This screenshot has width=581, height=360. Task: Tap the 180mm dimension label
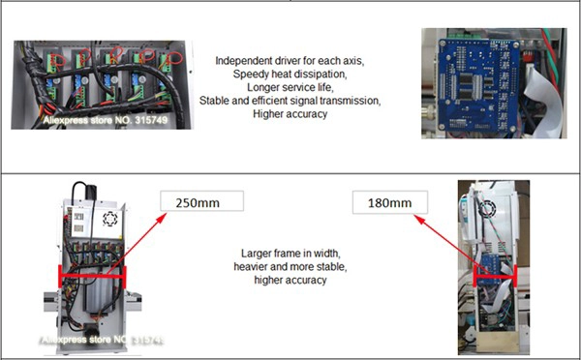390,202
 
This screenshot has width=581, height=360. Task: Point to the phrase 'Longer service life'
290,87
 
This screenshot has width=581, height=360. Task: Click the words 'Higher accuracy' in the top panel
290,113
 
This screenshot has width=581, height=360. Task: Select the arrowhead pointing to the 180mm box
418,220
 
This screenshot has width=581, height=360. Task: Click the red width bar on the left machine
92,276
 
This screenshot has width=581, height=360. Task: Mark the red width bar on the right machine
495,277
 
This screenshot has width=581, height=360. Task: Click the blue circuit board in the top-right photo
477,85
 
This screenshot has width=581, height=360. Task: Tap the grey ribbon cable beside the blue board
544,100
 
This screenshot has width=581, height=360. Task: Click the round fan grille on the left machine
110,219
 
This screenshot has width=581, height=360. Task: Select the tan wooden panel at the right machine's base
498,342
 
